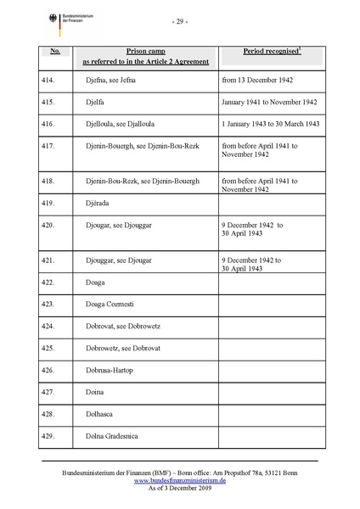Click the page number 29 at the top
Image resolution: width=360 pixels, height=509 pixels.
click(179, 20)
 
